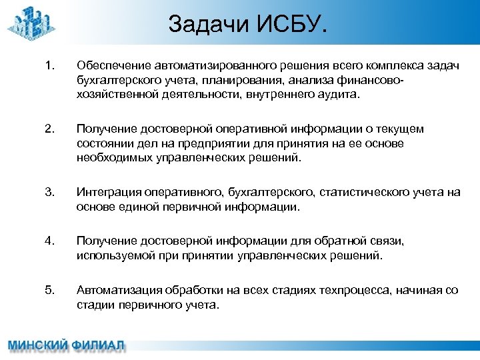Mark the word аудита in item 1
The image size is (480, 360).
point(338,95)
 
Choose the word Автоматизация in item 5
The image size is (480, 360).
point(111,290)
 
